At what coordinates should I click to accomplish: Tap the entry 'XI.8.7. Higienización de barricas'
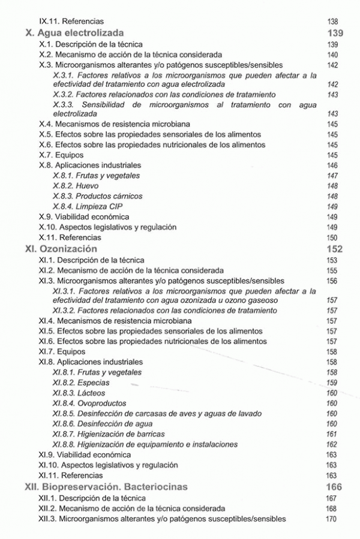pos(109,433)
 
